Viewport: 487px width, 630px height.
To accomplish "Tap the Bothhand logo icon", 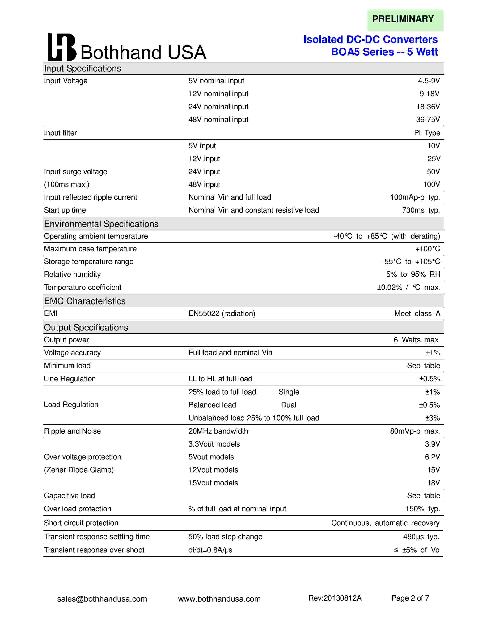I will pos(62,47).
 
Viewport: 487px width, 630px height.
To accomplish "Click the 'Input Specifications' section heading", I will pos(83,68).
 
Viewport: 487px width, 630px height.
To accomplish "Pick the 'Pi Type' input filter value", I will pos(427,133).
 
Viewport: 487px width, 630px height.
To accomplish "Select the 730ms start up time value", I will pos(421,210).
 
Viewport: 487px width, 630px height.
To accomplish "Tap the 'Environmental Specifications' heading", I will pos(101,224).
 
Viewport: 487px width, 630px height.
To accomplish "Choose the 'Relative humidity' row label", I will pos(72,274).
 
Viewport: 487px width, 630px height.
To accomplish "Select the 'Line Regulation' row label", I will pos(70,379).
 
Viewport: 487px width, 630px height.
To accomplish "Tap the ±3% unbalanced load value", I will pos(432,418).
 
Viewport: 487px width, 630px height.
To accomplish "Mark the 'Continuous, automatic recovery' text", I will pos(385,523).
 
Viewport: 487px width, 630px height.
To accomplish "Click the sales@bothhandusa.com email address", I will pos(102,599).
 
